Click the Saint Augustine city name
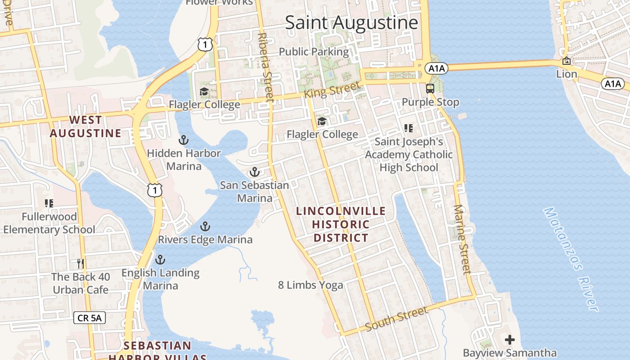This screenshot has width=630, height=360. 351,22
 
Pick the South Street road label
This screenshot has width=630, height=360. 396,319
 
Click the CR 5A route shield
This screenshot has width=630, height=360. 90,318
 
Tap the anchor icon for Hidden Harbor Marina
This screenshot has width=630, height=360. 183,140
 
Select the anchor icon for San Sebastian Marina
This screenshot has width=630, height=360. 255,172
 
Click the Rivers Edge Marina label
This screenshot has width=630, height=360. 205,239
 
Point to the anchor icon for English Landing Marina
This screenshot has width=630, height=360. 160,260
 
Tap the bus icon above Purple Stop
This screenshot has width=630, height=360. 430,88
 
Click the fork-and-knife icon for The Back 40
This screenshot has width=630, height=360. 81,263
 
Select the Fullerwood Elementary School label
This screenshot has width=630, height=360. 49,223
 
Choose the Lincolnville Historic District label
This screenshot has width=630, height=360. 341,224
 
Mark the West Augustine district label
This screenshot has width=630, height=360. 85,126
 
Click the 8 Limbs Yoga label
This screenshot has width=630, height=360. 310,285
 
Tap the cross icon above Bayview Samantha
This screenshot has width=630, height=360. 509,339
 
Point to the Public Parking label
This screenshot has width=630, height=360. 314,52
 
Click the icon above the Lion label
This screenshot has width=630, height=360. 566,61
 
